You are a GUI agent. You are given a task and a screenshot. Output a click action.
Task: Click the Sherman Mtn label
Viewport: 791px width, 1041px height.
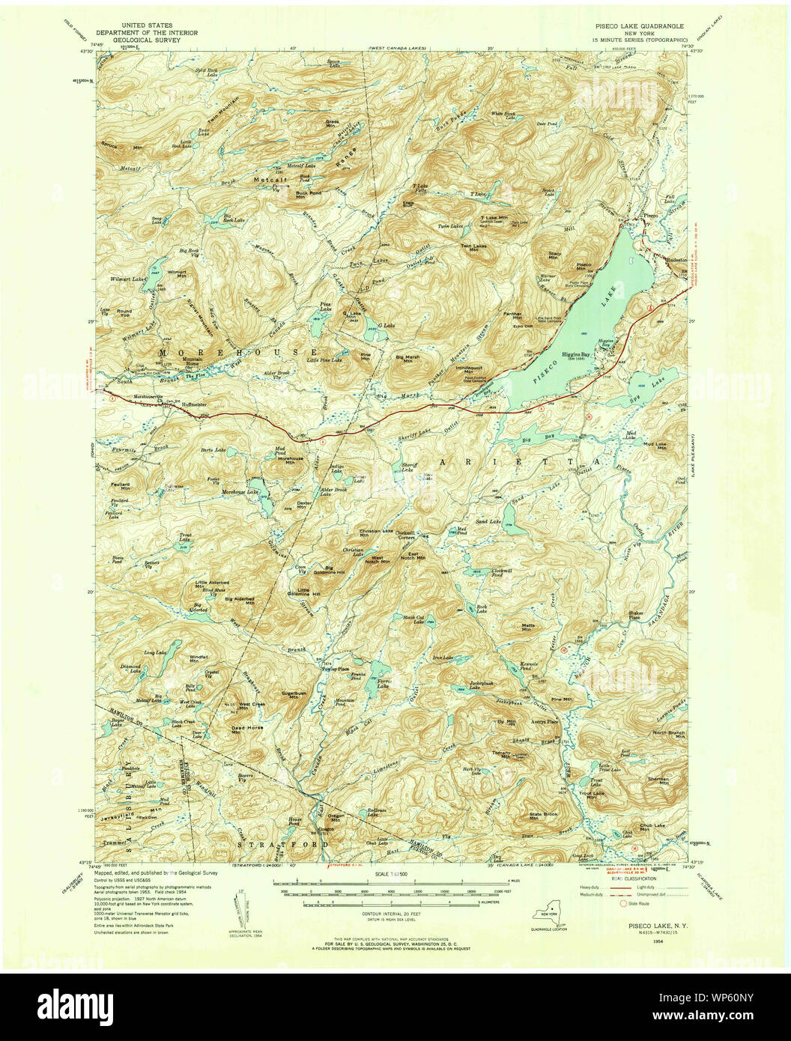(657, 780)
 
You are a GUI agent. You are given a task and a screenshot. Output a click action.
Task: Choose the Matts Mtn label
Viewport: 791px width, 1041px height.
(529, 626)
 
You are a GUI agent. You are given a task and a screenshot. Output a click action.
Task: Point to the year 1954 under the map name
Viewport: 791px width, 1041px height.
(636, 942)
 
